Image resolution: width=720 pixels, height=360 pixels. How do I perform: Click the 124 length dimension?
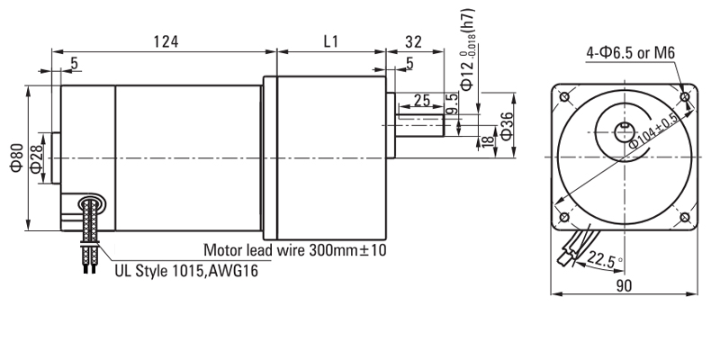(165, 41)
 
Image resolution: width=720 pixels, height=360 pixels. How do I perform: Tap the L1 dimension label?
(329, 41)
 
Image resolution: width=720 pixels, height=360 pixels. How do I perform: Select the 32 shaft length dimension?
(414, 41)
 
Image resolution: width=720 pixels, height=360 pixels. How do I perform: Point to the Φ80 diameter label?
(14, 158)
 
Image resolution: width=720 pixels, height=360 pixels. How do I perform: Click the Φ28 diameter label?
(36, 158)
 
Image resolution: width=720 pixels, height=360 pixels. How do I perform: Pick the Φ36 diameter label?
(507, 125)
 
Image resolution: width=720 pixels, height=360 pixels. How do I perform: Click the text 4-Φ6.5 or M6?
(630, 53)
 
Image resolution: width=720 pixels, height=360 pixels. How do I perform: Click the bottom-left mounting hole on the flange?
(563, 218)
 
